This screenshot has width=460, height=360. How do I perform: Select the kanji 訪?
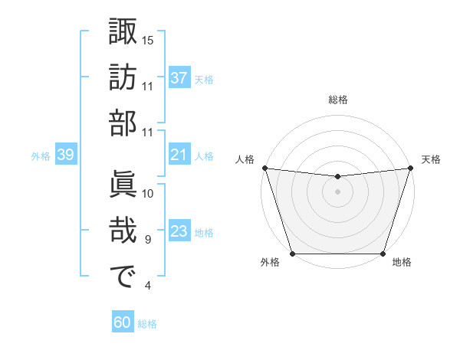(x=123, y=78)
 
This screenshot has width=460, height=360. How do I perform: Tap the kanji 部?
(x=123, y=124)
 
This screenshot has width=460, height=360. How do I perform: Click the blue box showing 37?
(x=179, y=78)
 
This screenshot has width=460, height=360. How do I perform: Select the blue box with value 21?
(x=179, y=155)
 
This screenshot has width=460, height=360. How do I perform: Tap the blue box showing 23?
(x=179, y=232)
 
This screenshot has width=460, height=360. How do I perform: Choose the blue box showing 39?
(x=65, y=155)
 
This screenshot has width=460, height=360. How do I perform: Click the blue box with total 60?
(x=123, y=323)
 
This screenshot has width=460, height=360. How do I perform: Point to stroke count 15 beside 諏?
(x=148, y=40)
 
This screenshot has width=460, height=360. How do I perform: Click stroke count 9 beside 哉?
(x=148, y=240)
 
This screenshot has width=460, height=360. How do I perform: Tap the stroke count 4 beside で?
(x=148, y=286)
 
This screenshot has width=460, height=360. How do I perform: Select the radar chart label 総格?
(x=337, y=100)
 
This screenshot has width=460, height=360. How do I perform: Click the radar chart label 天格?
(x=431, y=159)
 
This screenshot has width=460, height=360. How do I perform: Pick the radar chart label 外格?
(x=270, y=263)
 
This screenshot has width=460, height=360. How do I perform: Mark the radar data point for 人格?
(x=264, y=168)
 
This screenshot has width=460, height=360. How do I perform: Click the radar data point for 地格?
(x=383, y=254)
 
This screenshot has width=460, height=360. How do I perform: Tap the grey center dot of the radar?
(x=337, y=191)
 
